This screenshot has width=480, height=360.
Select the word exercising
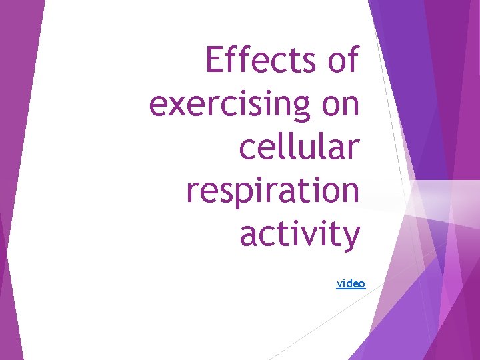point(230,105)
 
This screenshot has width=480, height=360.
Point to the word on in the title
point(340,105)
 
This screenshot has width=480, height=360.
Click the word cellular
point(299,147)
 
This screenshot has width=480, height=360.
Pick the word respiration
point(273,191)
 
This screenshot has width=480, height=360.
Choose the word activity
point(299,235)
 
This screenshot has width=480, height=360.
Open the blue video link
point(351,283)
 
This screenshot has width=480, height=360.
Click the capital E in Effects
point(215,61)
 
